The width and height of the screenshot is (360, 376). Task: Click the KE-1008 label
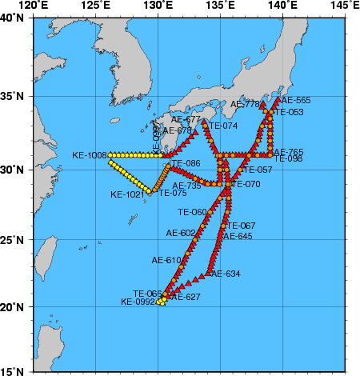click(90, 155)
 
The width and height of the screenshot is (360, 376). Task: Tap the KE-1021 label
click(127, 194)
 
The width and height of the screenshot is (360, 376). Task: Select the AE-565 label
click(296, 101)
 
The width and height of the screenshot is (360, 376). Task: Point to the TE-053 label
click(289, 112)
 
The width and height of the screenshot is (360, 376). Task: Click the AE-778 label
click(245, 104)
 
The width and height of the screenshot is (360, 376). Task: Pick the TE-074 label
click(223, 126)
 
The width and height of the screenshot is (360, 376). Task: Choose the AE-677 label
click(186, 120)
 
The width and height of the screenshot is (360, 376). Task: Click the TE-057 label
click(258, 170)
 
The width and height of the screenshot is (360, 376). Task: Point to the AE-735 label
click(188, 185)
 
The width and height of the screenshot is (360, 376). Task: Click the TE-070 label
click(246, 185)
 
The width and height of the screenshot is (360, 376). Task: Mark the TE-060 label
click(192, 212)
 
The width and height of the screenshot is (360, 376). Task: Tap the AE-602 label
click(181, 233)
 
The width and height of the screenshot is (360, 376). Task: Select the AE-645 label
click(238, 236)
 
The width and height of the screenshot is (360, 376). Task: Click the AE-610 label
click(166, 260)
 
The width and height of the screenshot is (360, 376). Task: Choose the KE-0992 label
click(138, 302)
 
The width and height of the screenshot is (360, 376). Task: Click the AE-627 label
click(186, 297)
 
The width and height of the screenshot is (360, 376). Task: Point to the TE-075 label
click(172, 193)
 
